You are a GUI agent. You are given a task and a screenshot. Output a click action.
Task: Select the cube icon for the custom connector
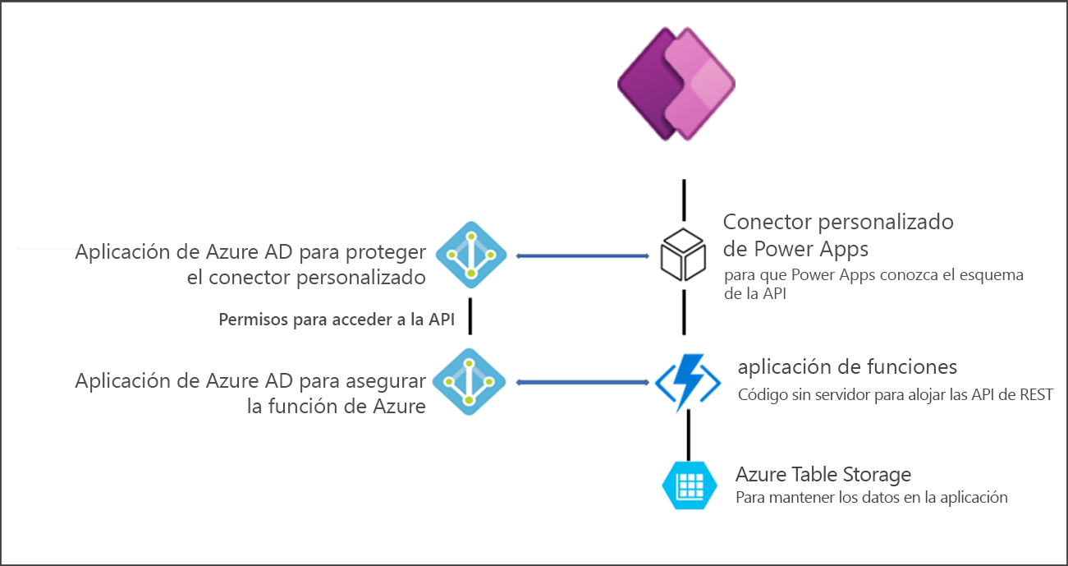683,255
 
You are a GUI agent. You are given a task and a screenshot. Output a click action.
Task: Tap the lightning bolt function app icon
687,381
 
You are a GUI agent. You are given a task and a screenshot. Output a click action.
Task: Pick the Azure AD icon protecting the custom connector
470,255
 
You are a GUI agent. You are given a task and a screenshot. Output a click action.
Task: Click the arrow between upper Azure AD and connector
584,256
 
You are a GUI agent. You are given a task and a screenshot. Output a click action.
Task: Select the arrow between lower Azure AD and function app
584,382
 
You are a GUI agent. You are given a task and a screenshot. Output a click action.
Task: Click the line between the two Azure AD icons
470,319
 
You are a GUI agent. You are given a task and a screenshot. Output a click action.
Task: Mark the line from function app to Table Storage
688,435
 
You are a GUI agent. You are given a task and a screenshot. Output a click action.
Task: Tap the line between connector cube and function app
683,312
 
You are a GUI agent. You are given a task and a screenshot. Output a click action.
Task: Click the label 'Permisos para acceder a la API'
337,320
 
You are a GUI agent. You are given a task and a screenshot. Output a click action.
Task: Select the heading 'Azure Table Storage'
823,475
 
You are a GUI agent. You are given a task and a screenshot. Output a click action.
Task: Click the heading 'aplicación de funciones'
847,366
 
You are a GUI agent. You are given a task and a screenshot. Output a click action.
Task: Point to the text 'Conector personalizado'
838,222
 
